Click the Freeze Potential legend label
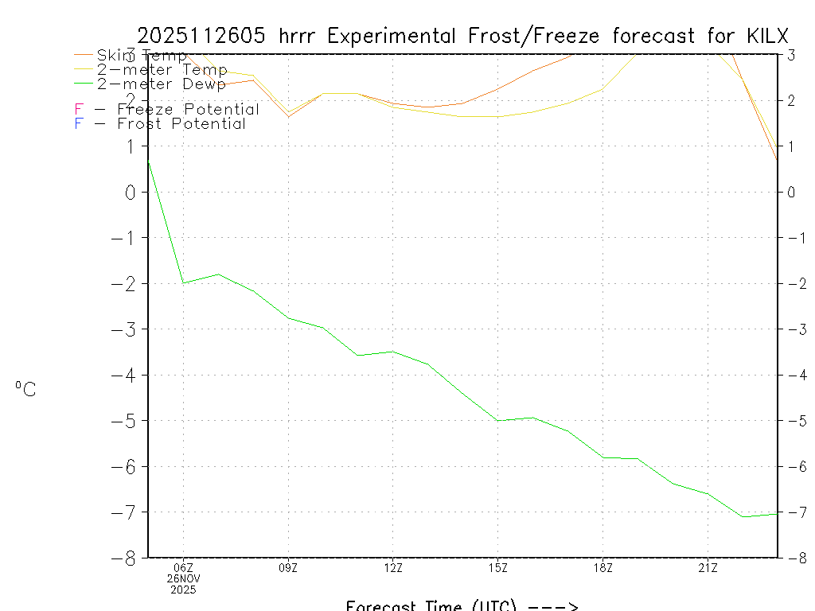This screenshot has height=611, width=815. coord(188,110)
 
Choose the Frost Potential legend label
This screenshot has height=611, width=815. coord(181,124)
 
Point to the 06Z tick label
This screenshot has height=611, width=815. coord(183,568)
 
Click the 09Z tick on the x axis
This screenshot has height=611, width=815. coord(288,568)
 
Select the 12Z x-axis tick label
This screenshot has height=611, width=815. coord(393,568)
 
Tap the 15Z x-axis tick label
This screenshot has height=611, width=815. coord(498,568)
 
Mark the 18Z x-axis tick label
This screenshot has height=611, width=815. coord(603,568)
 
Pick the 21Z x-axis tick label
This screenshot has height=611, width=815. coord(708,568)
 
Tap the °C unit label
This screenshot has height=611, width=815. coord(25,390)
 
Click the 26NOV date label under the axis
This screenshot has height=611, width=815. coord(183,579)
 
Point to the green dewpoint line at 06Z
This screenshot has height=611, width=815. coord(184,282)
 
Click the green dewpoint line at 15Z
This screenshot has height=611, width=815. coord(498,420)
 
